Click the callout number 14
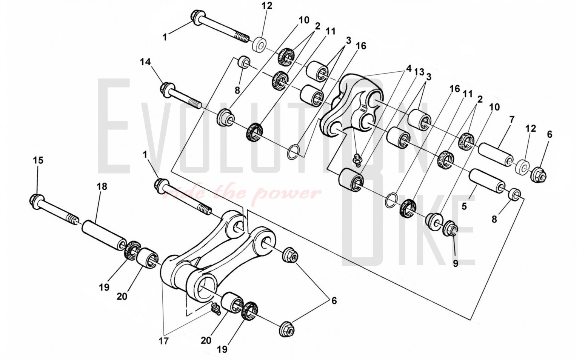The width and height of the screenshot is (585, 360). (x=145, y=62)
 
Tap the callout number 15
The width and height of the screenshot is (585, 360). (x=38, y=160)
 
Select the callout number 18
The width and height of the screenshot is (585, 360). (x=102, y=186)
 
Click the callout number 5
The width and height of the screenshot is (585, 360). (x=464, y=206)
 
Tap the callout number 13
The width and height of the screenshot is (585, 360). (x=419, y=72)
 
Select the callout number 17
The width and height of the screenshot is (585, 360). (x=163, y=341)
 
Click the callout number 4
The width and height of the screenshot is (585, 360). (x=409, y=68)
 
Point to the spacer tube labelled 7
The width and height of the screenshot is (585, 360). (x=496, y=157)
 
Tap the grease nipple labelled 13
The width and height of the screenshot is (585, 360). (x=357, y=158)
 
